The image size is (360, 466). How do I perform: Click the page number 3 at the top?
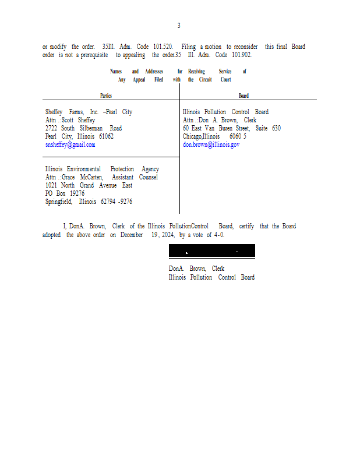(x=179, y=26)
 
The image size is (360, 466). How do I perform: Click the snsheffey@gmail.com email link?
(x=70, y=144)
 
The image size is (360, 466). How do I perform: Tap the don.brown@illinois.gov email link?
(x=211, y=144)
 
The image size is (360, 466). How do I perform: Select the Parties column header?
(x=106, y=96)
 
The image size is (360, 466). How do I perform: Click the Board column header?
(x=243, y=96)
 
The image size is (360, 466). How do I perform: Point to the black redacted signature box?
(x=212, y=250)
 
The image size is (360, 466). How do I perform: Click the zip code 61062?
(x=107, y=136)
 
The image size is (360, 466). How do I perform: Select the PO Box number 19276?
(x=77, y=193)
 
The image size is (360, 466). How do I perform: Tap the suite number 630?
(x=276, y=128)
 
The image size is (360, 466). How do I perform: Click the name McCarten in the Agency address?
(x=91, y=177)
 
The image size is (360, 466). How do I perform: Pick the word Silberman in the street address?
(x=91, y=128)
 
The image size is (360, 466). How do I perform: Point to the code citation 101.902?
(x=242, y=55)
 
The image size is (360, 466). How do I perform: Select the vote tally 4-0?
(x=219, y=235)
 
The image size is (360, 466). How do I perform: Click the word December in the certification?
(x=132, y=235)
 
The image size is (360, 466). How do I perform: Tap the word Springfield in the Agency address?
(x=59, y=202)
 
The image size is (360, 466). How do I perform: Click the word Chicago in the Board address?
(x=192, y=136)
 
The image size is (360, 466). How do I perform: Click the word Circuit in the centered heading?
(x=206, y=80)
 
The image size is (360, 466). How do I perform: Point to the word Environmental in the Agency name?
(x=84, y=169)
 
